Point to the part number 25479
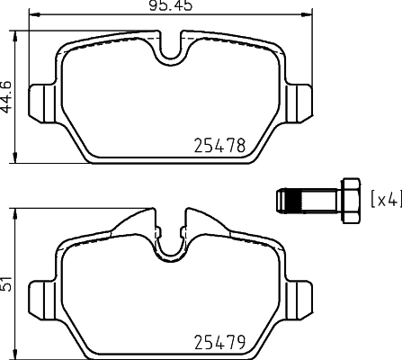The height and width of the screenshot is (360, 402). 221,343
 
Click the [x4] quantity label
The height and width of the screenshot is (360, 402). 385,198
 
